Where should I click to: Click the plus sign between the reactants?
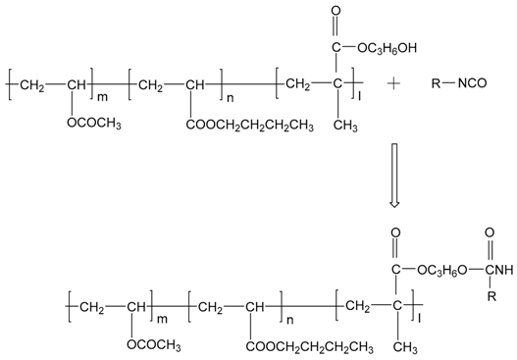[x=394, y=84]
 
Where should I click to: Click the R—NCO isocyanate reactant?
[x=462, y=84]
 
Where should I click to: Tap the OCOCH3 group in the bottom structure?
[x=153, y=345]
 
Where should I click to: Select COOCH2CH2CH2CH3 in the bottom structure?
[x=306, y=345]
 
